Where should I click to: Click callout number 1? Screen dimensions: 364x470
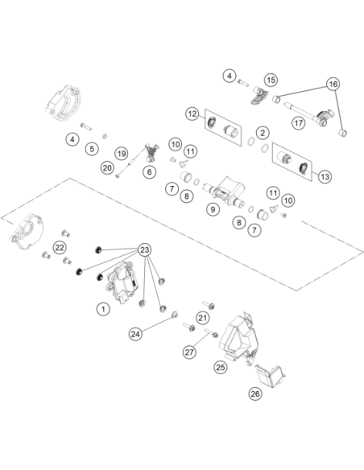(103, 308)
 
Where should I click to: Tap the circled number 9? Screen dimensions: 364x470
(213, 209)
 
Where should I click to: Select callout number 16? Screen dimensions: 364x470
(333, 84)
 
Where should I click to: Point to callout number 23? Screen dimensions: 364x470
(144, 249)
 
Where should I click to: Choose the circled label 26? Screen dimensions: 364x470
(255, 394)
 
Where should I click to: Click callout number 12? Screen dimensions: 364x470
(192, 113)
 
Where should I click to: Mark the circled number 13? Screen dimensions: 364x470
(325, 176)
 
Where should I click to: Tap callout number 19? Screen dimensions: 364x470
(122, 154)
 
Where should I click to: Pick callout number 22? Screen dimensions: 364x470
(60, 248)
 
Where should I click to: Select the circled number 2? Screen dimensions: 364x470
(263, 133)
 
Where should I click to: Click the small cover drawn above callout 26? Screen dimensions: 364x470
(270, 377)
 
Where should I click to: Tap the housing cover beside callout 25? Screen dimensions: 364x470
(239, 337)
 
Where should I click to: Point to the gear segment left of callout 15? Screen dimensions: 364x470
(259, 95)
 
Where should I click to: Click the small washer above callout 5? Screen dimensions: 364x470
(105, 136)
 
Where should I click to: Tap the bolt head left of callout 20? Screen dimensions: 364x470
(118, 176)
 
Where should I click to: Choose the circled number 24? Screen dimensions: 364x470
(135, 334)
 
